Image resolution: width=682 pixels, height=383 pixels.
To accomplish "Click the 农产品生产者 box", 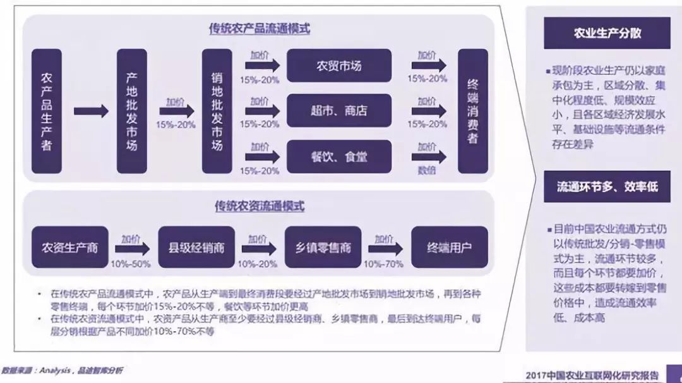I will pyautogui.click(x=46, y=111).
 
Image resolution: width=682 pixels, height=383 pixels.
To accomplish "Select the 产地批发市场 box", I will pyautogui.click(x=131, y=111).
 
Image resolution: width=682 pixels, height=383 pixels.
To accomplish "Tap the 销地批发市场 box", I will pyautogui.click(x=217, y=111).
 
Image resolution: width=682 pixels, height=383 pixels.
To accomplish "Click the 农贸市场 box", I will pyautogui.click(x=339, y=65).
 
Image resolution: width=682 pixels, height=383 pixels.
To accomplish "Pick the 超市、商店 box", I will pyautogui.click(x=339, y=111).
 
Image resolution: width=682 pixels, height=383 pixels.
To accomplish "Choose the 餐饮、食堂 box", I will pyautogui.click(x=339, y=156).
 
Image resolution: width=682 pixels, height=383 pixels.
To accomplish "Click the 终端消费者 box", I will pyautogui.click(x=472, y=111).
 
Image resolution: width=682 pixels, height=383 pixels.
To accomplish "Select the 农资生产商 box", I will pyautogui.click(x=69, y=247).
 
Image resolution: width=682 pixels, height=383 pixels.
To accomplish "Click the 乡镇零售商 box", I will pyautogui.click(x=323, y=247).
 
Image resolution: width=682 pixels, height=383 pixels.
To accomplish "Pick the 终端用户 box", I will pyautogui.click(x=449, y=247).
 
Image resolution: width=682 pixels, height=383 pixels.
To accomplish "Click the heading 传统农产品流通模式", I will pyautogui.click(x=260, y=29).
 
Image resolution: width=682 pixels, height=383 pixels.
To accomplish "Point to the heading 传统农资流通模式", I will pyautogui.click(x=260, y=206).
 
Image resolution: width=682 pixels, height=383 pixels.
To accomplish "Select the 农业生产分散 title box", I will pyautogui.click(x=607, y=33).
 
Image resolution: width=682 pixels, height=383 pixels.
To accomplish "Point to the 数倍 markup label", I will pyautogui.click(x=427, y=170).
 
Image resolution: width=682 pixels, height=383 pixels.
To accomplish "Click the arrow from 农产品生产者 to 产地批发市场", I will pyautogui.click(x=91, y=112).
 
